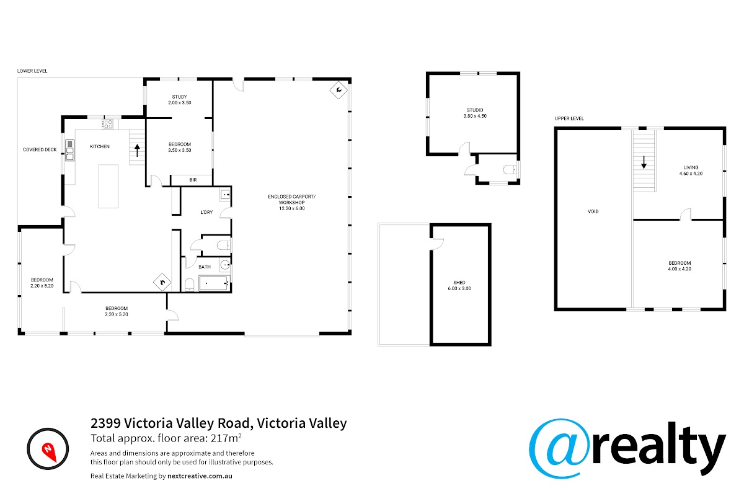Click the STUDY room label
click(179, 97)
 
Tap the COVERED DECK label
click(40, 149)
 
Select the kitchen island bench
click(108, 187)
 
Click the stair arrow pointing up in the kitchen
click(137, 151)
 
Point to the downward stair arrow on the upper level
click(644, 162)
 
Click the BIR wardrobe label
click(193, 180)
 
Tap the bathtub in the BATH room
click(213, 283)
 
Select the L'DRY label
click(206, 212)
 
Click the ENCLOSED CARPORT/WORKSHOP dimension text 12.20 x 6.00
click(292, 208)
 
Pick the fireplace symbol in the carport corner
click(339, 90)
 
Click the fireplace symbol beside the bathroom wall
click(162, 282)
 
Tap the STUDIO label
click(475, 110)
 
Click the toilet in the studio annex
click(509, 170)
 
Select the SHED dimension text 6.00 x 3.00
click(459, 288)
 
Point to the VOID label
click(593, 211)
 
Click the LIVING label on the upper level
click(691, 167)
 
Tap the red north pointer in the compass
click(49, 452)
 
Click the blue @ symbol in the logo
click(559, 448)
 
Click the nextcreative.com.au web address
click(200, 476)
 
